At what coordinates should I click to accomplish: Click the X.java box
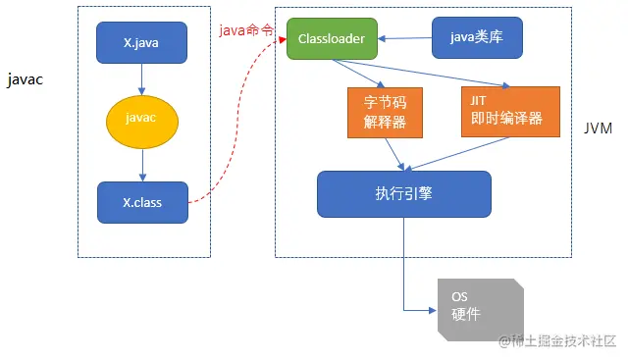point(142,42)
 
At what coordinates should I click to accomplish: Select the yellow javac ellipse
point(142,119)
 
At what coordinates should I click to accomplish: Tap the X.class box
point(142,202)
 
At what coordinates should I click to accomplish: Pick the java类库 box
point(477,38)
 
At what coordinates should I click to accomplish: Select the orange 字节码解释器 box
point(378,112)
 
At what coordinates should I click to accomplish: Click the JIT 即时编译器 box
point(509,112)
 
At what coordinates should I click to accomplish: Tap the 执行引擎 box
point(403,194)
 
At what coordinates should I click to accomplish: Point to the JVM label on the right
point(599,129)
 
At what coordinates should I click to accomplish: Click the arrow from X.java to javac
point(142,78)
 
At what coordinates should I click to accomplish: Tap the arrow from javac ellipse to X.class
point(142,161)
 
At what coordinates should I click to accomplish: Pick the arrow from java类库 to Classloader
point(405,39)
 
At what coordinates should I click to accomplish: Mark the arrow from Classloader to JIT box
point(422,74)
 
